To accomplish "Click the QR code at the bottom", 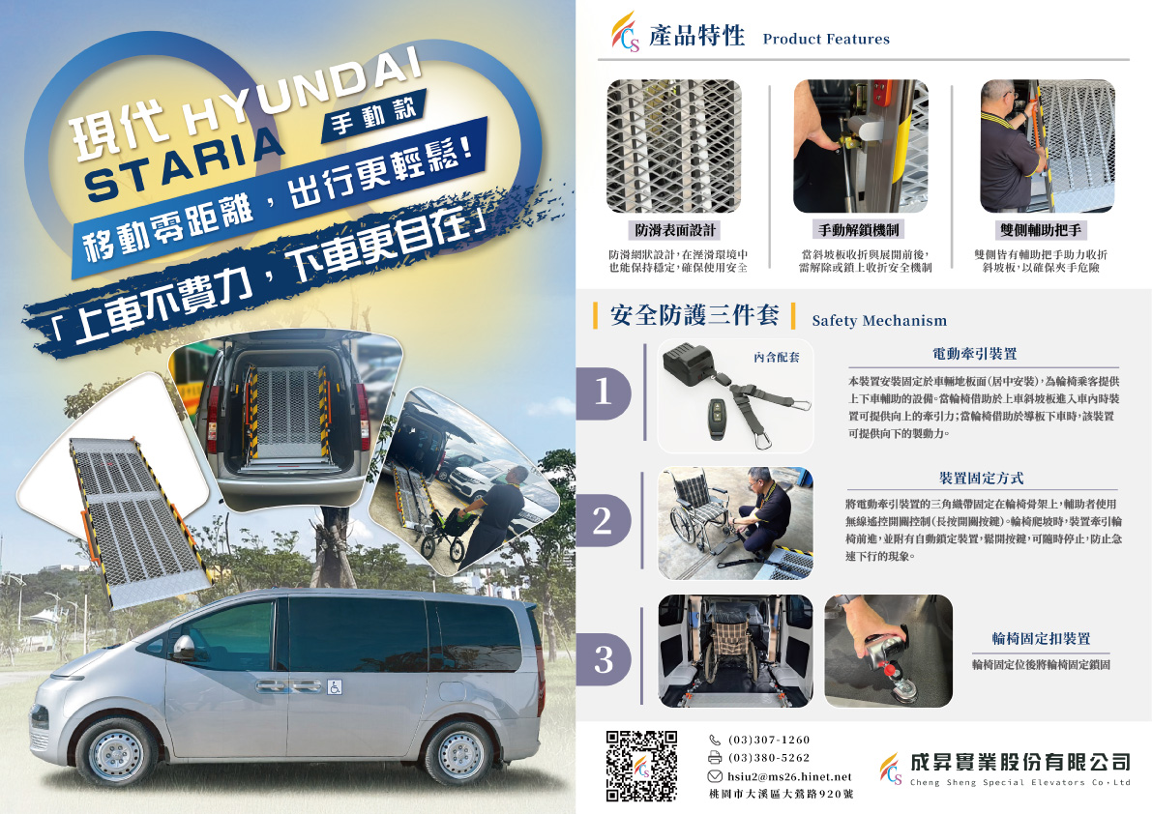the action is pyautogui.click(x=640, y=766).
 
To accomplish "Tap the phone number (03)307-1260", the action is pyautogui.click(x=769, y=740).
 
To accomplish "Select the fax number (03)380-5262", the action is pyautogui.click(x=769, y=758).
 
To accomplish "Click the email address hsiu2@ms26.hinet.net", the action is pyautogui.click(x=790, y=776).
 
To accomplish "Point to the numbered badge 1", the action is pyautogui.click(x=604, y=392).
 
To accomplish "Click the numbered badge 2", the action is pyautogui.click(x=604, y=520).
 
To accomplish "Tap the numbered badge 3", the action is pyautogui.click(x=604, y=658).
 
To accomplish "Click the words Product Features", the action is pyautogui.click(x=826, y=39).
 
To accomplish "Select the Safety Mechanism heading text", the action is pyautogui.click(x=879, y=320).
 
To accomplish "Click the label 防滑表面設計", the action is pyautogui.click(x=675, y=230).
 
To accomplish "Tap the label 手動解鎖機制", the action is pyautogui.click(x=859, y=230).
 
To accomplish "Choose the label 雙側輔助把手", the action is pyautogui.click(x=1041, y=230).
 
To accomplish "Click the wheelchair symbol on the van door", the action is pyautogui.click(x=335, y=687).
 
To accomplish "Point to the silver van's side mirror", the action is pyautogui.click(x=183, y=648).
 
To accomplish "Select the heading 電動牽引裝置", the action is pyautogui.click(x=975, y=354).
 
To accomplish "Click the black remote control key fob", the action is pyautogui.click(x=717, y=420).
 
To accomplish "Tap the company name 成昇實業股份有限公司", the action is pyautogui.click(x=1019, y=762).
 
